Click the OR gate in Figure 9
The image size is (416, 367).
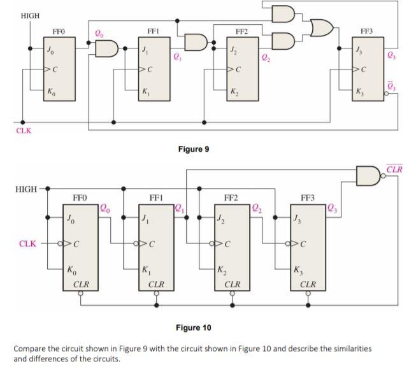pos(321,27)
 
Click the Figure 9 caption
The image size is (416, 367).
pos(194,149)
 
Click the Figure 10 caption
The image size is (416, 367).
pos(193,327)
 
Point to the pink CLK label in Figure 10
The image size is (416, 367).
pos(28,243)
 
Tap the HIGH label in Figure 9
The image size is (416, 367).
pos(30,15)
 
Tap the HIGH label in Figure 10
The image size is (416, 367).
pos(25,190)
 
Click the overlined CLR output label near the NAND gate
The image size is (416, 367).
pos(394,169)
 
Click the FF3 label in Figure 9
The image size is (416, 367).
pos(368,31)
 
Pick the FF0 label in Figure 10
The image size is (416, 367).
pos(80,198)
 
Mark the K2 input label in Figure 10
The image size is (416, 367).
pos(222,270)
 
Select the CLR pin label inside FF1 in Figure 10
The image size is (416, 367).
pos(157,284)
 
